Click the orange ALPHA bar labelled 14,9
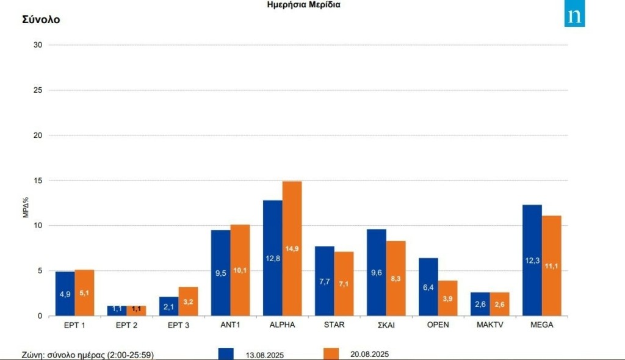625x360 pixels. coord(292,248)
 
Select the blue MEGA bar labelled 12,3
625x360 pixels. coord(532,261)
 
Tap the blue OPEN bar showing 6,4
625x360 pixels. coord(428,287)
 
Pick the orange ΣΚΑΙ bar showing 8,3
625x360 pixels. coord(396,278)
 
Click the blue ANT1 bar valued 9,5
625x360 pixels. coord(220,273)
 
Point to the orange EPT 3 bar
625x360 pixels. coord(188,301)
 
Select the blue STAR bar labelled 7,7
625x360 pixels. coord(324,281)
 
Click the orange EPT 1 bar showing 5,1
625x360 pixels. coord(84,293)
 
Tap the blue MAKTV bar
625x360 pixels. coord(480,304)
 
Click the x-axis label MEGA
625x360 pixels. coord(541,325)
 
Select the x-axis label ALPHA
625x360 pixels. coord(282,325)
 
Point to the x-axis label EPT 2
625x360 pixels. coord(126,325)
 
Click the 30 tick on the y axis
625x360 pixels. coord(38,45)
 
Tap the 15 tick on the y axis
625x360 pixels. coord(38,181)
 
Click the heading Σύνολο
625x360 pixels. coord(41,20)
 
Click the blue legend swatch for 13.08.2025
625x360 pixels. coord(226,353)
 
